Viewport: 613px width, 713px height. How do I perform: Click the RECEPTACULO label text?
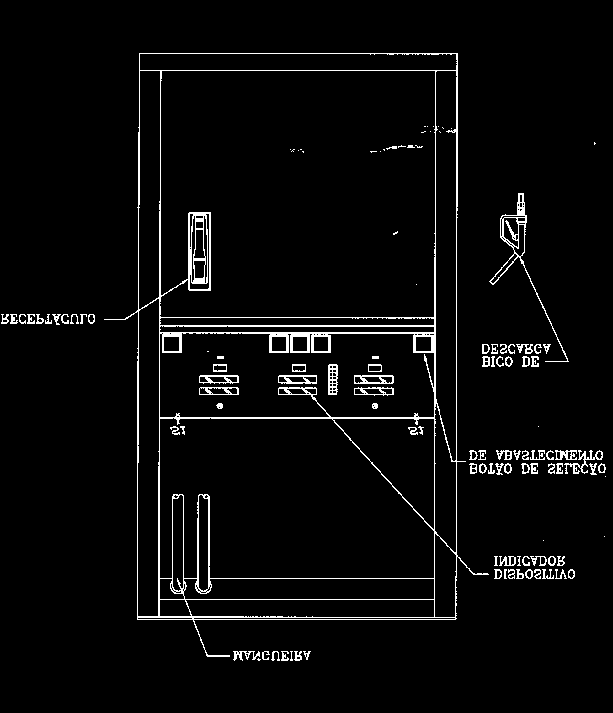[48, 319]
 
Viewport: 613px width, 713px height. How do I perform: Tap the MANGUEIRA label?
[272, 656]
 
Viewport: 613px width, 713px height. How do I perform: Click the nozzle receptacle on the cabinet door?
[200, 251]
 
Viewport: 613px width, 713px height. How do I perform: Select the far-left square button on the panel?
[172, 344]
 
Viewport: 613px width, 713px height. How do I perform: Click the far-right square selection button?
[423, 344]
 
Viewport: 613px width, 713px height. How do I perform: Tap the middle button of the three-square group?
[300, 344]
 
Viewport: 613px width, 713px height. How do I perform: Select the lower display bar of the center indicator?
[297, 391]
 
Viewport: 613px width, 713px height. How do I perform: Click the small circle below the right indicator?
[375, 406]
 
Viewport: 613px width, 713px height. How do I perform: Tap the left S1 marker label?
[179, 431]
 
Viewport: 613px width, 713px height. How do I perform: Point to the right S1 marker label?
[416, 431]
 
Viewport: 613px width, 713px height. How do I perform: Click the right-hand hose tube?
[204, 544]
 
